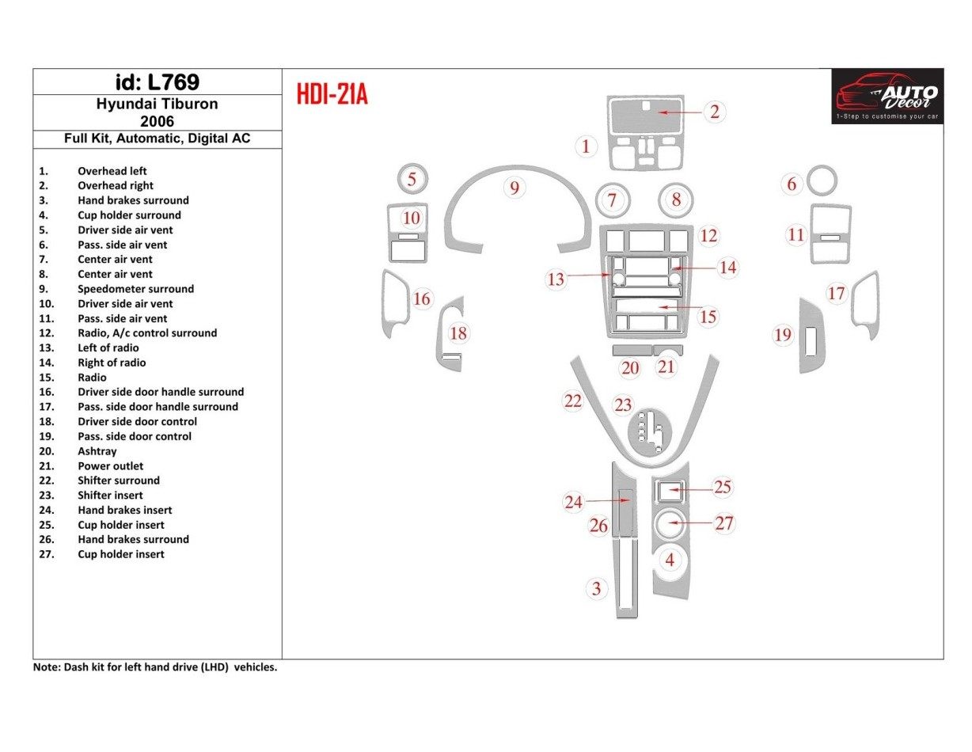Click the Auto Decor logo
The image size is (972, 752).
(x=887, y=96)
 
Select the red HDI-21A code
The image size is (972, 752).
(x=332, y=95)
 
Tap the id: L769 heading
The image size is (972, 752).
(x=157, y=82)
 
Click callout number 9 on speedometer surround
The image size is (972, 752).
(x=514, y=188)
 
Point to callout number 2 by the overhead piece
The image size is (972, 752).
(x=714, y=112)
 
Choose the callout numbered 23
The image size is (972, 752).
(x=624, y=405)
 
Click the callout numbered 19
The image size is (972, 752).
(x=783, y=335)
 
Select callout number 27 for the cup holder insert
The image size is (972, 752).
(x=724, y=522)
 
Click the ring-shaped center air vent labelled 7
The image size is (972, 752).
(x=612, y=199)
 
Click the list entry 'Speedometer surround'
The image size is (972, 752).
(x=135, y=289)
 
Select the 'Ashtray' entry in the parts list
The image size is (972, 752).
(x=97, y=451)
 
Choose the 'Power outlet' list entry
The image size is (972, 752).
(x=110, y=466)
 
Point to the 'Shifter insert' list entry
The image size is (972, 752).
(x=110, y=496)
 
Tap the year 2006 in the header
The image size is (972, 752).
(x=157, y=121)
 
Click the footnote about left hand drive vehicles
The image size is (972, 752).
(x=155, y=667)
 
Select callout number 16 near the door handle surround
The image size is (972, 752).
(x=422, y=298)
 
